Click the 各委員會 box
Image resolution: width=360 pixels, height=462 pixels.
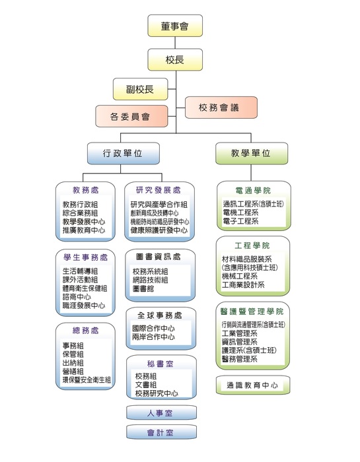(129, 116)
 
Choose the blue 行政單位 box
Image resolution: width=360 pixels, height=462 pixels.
(123, 153)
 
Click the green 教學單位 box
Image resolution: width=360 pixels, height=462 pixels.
(251, 153)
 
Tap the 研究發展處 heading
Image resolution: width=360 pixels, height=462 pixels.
(159, 190)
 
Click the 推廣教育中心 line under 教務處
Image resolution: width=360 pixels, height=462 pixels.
(83, 230)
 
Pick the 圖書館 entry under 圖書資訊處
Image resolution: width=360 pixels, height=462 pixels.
(143, 288)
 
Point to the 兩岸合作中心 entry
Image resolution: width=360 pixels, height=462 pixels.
(153, 337)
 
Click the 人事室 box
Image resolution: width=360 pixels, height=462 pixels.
(161, 413)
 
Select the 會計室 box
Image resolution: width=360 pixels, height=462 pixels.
(161, 433)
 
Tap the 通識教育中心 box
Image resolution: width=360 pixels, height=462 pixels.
(252, 385)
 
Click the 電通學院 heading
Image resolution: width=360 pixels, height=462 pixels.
(252, 190)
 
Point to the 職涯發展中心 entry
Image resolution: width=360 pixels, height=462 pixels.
(83, 306)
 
